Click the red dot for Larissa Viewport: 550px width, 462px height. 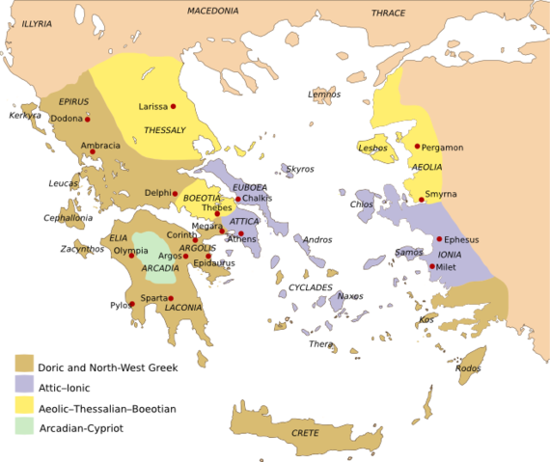pos(173,106)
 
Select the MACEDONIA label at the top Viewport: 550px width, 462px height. pos(212,11)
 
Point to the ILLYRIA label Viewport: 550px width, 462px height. pos(38,21)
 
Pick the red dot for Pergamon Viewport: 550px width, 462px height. pos(417,147)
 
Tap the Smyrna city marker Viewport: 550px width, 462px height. pos(422,200)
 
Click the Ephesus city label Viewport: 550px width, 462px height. pos(461,239)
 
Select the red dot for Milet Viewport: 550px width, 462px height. pos(432,266)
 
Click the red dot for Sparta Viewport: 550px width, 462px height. pos(132,304)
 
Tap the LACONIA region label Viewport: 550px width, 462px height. pos(182,309)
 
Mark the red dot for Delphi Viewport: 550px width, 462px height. pos(176,192)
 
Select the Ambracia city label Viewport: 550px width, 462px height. pos(100,146)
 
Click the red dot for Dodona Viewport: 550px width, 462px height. pos(88,118)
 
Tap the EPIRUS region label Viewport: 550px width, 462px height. pos(73,101)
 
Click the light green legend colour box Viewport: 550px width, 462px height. pos(24,425)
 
